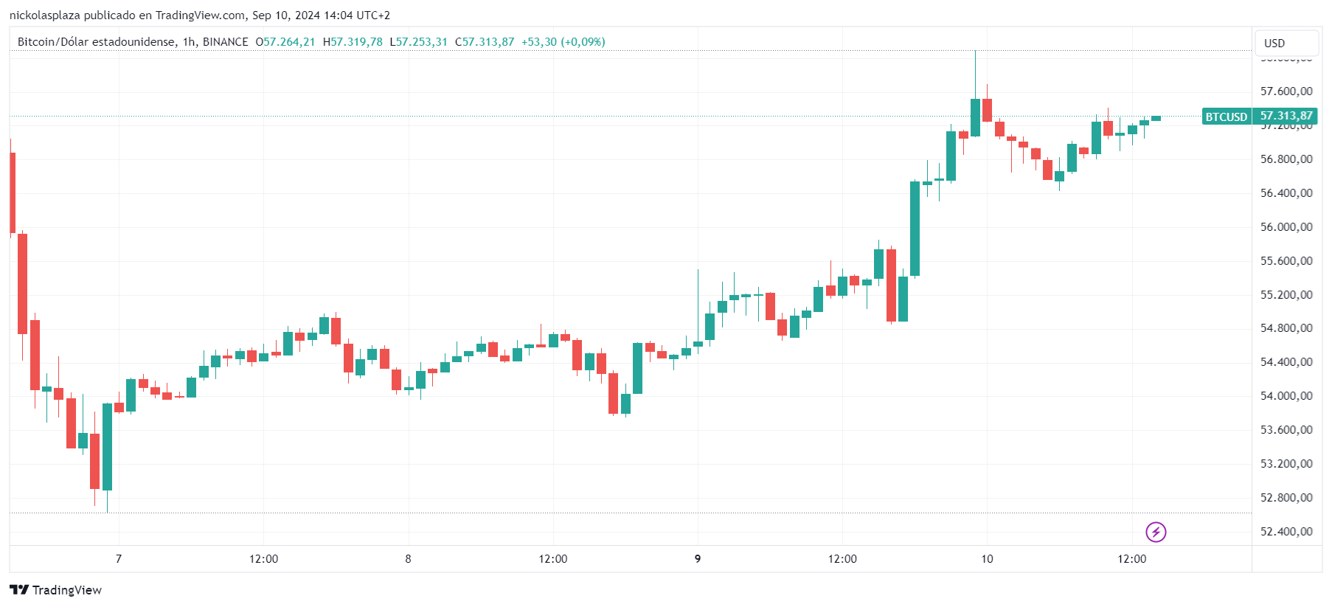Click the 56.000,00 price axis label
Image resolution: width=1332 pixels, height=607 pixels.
1286,227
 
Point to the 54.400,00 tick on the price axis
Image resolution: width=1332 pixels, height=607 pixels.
1286,362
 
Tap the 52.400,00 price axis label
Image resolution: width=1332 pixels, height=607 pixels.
1286,532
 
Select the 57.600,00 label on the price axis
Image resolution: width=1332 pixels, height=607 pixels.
1286,91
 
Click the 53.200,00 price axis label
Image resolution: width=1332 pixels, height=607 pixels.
1286,464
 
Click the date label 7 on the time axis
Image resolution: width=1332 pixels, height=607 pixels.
119,559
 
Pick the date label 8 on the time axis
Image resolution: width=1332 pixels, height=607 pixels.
408,559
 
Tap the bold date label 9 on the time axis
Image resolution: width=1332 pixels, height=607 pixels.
698,559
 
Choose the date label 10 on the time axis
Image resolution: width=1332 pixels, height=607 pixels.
987,559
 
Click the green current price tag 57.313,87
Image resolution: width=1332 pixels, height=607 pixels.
1286,116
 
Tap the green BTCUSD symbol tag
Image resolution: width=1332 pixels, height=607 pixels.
1226,117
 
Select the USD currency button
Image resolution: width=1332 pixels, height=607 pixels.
1286,43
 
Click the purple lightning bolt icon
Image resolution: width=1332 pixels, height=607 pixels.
1156,532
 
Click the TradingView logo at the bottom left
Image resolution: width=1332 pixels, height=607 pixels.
56,590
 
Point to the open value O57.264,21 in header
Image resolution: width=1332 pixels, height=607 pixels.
285,42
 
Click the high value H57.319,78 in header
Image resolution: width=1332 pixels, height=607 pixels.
353,42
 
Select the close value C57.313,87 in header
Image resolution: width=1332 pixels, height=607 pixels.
485,42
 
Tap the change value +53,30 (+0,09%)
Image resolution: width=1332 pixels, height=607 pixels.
563,42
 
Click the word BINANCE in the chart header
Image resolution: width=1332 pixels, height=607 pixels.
225,42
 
